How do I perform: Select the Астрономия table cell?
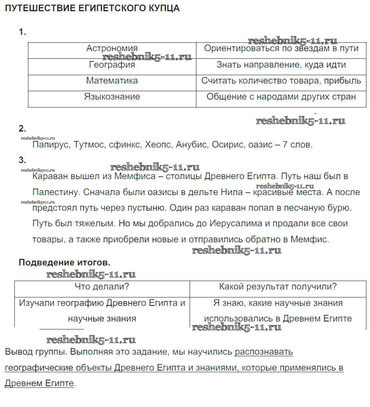point(112,49)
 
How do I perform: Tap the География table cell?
point(112,65)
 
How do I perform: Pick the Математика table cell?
point(112,81)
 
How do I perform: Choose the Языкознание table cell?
point(112,97)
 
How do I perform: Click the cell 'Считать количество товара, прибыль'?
point(281,81)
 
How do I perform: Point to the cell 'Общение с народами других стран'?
point(281,97)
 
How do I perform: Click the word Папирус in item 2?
point(50,145)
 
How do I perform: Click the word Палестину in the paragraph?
point(56,192)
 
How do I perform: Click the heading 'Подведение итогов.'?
point(64,263)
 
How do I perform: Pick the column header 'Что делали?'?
point(102,287)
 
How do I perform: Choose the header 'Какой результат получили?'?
point(278,287)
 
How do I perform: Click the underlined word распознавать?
point(264,352)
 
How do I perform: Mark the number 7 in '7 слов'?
point(285,145)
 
